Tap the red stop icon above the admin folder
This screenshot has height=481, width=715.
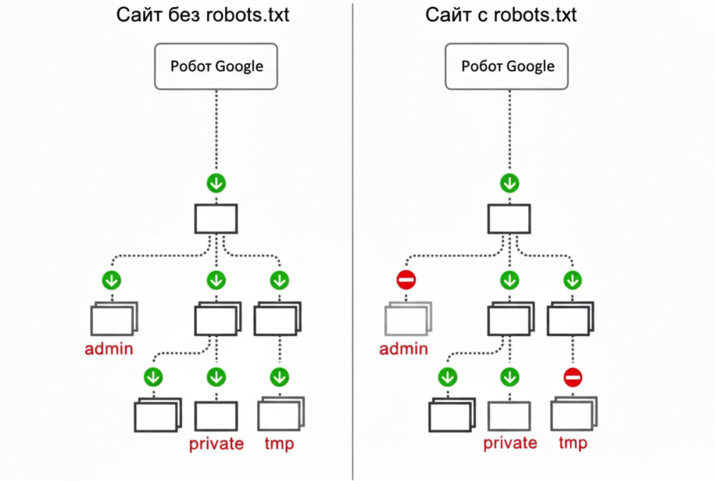click(406, 281)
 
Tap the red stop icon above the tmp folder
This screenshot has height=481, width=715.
click(573, 378)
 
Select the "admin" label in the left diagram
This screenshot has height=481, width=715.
click(109, 348)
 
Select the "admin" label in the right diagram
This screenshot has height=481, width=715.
click(404, 348)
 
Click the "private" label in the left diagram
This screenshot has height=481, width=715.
click(216, 443)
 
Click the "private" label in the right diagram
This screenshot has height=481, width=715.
click(510, 443)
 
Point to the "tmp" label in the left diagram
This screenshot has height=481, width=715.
click(279, 443)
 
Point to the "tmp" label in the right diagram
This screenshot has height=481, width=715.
click(573, 443)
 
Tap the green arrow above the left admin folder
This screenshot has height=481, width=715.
click(111, 281)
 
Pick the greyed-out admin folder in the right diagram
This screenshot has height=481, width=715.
click(407, 320)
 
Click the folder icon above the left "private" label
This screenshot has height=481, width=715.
click(216, 415)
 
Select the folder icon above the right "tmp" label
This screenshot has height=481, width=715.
click(573, 415)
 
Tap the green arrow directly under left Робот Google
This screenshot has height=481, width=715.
click(216, 184)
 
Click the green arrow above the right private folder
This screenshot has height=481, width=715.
click(510, 378)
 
